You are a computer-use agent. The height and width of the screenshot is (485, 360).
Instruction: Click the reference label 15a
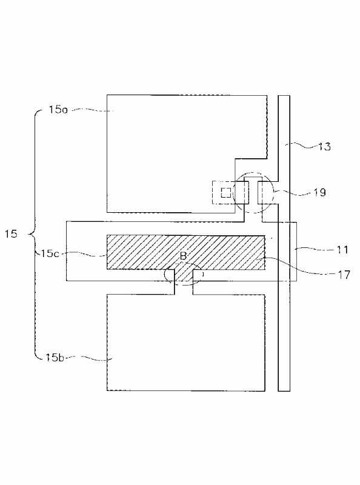click(58, 110)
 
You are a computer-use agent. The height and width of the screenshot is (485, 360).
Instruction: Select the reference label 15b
click(55, 357)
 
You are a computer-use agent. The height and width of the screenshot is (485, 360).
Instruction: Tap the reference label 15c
click(50, 253)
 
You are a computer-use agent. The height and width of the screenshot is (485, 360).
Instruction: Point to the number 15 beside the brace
click(11, 233)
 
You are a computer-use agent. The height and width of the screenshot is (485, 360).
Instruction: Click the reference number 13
click(324, 146)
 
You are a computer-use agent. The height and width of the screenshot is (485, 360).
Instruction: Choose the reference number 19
click(320, 192)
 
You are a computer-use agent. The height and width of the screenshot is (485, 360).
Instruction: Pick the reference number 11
click(342, 249)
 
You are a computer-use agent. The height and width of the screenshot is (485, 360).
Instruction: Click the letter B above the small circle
click(184, 256)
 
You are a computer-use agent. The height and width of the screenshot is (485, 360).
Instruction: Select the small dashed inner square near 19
click(225, 193)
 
